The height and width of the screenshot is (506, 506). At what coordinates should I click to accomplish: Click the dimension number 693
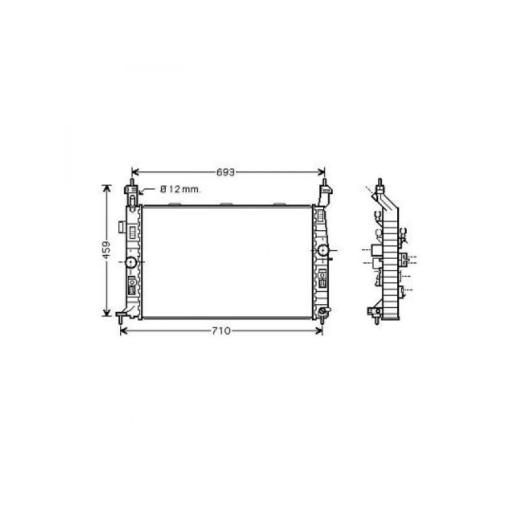[x=225, y=173]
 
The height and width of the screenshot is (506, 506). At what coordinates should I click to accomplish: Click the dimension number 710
[x=221, y=331]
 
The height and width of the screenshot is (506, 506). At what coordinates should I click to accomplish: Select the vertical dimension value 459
[x=106, y=250]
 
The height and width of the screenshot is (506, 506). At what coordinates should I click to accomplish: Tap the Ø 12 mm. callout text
[x=180, y=189]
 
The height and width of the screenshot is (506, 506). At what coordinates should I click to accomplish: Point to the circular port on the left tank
[x=131, y=262]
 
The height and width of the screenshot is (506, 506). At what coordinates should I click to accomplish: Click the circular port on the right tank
[x=323, y=250]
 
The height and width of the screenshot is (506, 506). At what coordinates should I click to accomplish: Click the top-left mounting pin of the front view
[x=132, y=182]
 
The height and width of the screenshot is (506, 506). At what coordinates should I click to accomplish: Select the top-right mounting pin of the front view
[x=324, y=182]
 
